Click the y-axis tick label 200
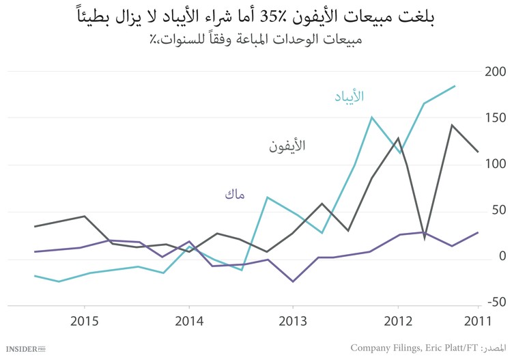click(494, 72)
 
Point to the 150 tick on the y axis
click(494, 118)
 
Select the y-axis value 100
click(494, 164)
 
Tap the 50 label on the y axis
click(497, 210)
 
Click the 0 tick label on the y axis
click(502, 256)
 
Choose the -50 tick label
click(494, 302)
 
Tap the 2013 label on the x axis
click(293, 321)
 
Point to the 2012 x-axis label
click(397, 321)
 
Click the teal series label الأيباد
click(349, 96)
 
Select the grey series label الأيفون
click(287, 146)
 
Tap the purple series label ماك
click(234, 195)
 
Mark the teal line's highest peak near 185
click(455, 86)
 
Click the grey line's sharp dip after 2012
click(425, 238)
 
